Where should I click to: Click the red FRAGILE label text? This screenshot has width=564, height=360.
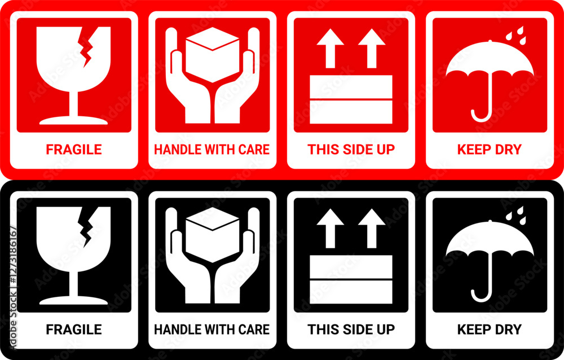click(74, 150)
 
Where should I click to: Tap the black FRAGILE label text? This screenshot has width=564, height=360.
click(74, 330)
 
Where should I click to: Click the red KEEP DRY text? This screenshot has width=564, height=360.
click(490, 150)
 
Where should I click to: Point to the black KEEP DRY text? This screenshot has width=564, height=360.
click(490, 330)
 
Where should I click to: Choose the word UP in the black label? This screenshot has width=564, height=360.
click(386, 330)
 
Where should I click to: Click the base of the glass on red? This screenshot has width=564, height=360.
click(73, 120)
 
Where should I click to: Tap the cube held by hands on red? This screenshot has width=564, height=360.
click(213, 54)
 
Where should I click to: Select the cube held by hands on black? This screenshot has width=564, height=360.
click(213, 234)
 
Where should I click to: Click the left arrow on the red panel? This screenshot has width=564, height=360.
click(330, 48)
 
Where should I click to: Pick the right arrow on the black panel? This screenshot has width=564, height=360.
click(372, 228)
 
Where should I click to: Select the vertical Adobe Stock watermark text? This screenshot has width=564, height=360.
click(14, 287)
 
